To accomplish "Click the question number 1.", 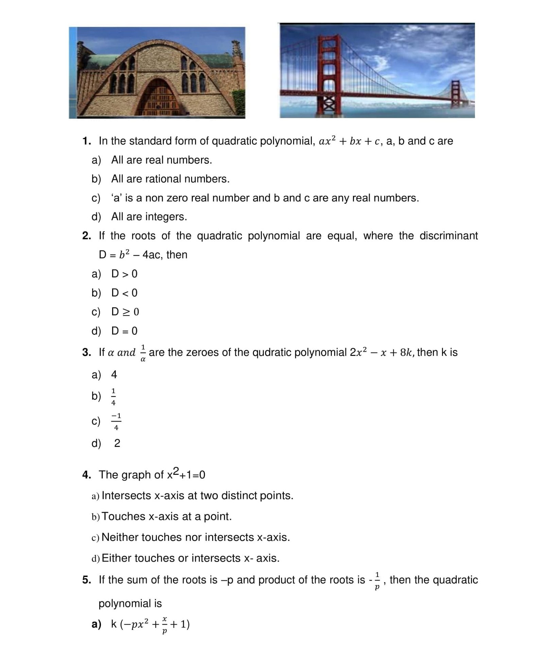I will (x=86, y=141).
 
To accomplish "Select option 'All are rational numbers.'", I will (x=170, y=179).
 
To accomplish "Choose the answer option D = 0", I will (x=124, y=331).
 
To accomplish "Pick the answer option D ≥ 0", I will (x=125, y=312).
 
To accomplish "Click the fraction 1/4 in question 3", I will (x=113, y=397).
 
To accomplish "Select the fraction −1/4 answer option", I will (x=116, y=421).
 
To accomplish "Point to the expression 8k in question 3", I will (x=406, y=353).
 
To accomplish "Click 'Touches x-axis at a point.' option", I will (x=166, y=517).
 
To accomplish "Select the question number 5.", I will (x=86, y=580).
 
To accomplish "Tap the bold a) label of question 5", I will (x=96, y=624).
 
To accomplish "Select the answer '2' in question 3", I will (x=117, y=443).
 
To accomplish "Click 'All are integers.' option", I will (x=149, y=217).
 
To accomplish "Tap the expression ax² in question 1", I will (x=327, y=141).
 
